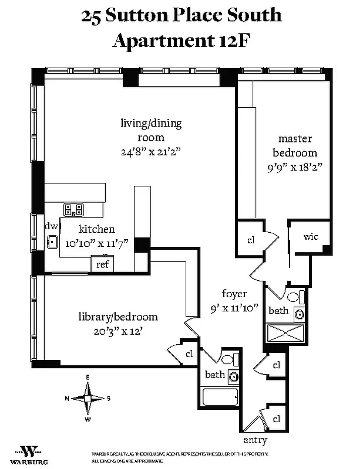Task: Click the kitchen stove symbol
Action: coord(74,209)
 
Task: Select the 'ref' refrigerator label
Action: coord(102,264)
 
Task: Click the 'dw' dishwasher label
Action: coord(51,226)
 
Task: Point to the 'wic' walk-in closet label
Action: coord(311,237)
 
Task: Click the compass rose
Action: coord(88,398)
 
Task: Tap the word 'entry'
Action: coord(255,440)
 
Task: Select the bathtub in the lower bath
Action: coord(220,397)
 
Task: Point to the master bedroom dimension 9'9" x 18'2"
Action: coord(295,166)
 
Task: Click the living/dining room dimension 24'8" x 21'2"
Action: coord(150,151)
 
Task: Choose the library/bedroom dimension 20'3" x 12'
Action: coord(117,330)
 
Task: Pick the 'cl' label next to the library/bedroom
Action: coord(189,354)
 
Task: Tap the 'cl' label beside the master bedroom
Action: coord(250,240)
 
